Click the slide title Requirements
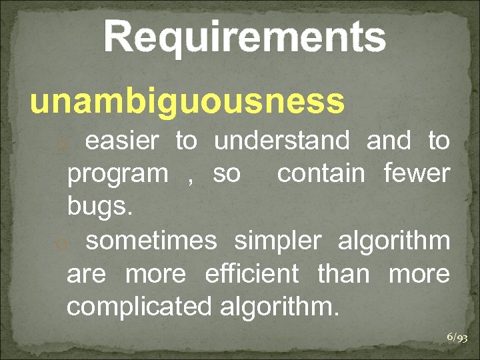pos(245,37)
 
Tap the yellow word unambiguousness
pos(187,102)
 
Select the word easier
pos(123,141)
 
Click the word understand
pos(281,141)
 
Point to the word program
pos(118,175)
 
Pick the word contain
pos(321,174)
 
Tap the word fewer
pos(417,174)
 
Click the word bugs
pos(100,207)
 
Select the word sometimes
pos(151,241)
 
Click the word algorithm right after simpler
pos(394,241)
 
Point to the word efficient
pos(251,273)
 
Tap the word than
pos(343,273)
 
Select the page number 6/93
pos(457,338)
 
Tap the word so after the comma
pos(227,175)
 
